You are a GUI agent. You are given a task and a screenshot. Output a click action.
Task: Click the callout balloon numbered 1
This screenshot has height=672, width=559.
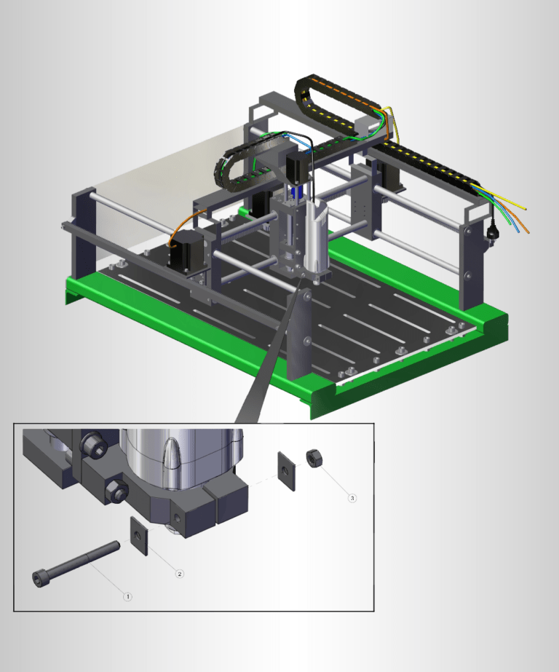click(127, 596)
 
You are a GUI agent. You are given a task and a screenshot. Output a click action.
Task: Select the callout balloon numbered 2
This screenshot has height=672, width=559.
click(180, 574)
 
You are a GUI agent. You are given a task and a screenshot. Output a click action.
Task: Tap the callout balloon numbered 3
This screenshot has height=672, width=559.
click(352, 499)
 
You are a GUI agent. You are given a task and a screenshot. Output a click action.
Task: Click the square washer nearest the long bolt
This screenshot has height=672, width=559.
click(138, 536)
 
